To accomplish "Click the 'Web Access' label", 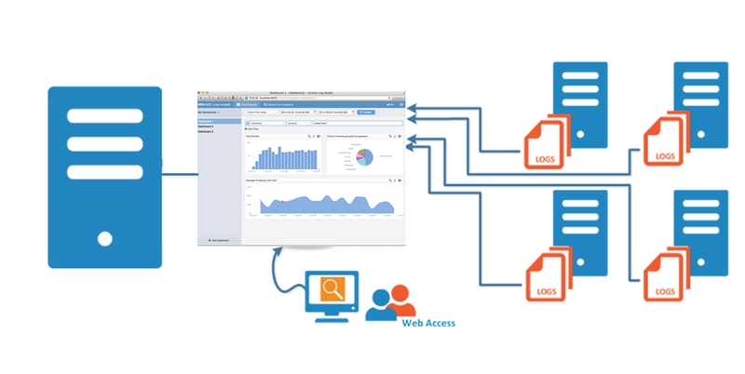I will coord(429,324).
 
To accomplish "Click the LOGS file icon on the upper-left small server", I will coord(546,140).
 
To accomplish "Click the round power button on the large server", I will coord(105,237).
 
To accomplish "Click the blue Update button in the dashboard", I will coord(365,112).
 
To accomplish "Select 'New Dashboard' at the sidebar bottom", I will coord(220,240).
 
